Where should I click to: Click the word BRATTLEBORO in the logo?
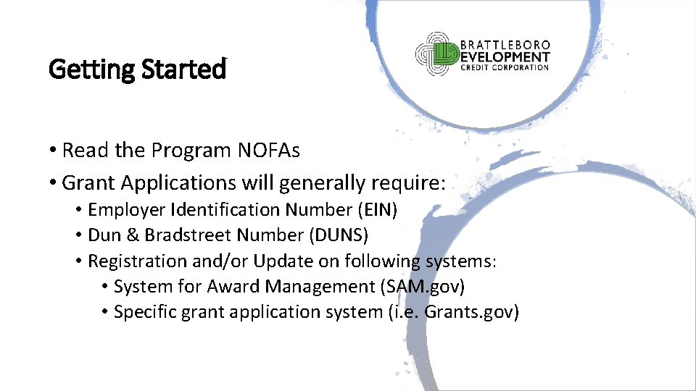(x=506, y=44)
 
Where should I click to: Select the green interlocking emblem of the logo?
(x=437, y=54)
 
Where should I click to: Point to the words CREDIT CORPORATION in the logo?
(x=505, y=68)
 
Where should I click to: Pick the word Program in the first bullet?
(x=191, y=151)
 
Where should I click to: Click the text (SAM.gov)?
(x=421, y=287)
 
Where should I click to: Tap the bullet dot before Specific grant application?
(x=105, y=313)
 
